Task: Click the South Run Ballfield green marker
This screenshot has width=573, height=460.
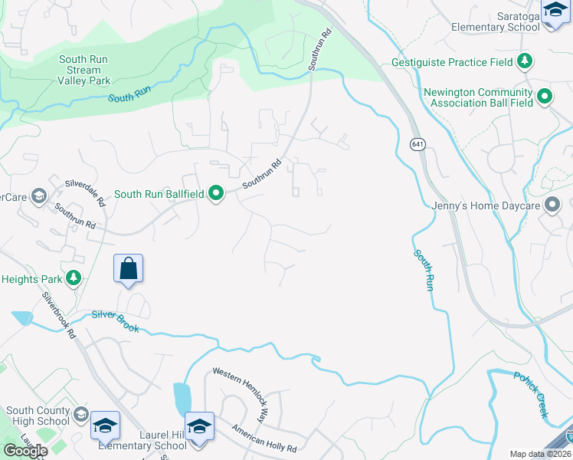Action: [216, 193]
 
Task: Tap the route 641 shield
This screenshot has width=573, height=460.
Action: [417, 145]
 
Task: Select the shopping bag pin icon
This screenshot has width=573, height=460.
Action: [129, 269]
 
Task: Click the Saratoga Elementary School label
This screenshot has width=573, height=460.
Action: [490, 21]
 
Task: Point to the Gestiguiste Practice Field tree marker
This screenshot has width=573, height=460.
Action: [525, 61]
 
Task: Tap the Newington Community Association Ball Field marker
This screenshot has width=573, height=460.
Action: [545, 97]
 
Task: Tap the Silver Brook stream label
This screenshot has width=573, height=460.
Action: [116, 320]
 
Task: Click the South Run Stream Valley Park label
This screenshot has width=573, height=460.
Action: [83, 70]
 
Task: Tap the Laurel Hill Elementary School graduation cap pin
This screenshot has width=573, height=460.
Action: [199, 426]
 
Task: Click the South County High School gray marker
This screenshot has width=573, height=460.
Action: [80, 416]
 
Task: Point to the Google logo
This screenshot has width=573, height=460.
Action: [25, 451]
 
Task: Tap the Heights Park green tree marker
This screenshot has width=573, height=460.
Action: [74, 278]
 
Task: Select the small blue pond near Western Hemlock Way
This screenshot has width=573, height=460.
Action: [182, 398]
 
